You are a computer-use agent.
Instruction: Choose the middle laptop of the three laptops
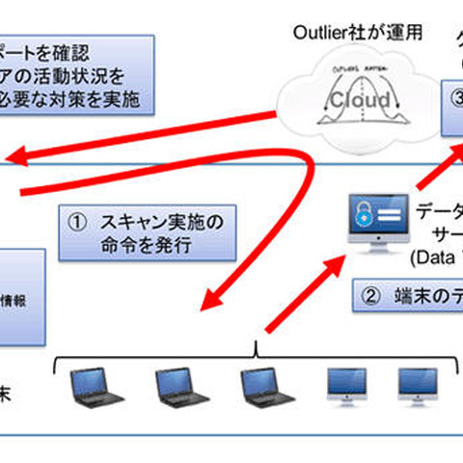179,387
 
